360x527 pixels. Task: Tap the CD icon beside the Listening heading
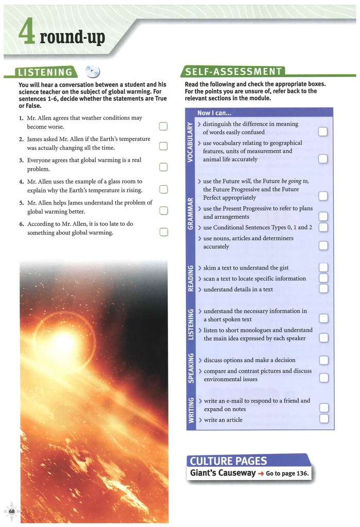tap(93, 72)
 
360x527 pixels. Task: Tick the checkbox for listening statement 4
tap(163, 189)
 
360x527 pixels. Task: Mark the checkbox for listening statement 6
tap(163, 232)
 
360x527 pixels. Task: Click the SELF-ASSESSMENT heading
tap(233, 72)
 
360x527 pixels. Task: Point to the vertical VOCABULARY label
tap(190, 142)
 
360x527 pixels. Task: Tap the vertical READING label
tap(190, 278)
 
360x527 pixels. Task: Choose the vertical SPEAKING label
tap(190, 368)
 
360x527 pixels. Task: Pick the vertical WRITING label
tap(190, 411)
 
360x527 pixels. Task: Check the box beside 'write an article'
tap(323, 418)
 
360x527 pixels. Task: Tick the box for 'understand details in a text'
tap(323, 289)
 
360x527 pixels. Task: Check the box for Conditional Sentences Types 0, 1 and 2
tap(323, 227)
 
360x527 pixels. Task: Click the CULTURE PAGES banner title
tap(228, 461)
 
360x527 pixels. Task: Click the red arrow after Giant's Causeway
tap(261, 473)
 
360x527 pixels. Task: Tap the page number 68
tap(12, 511)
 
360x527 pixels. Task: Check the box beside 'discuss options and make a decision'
tap(323, 360)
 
